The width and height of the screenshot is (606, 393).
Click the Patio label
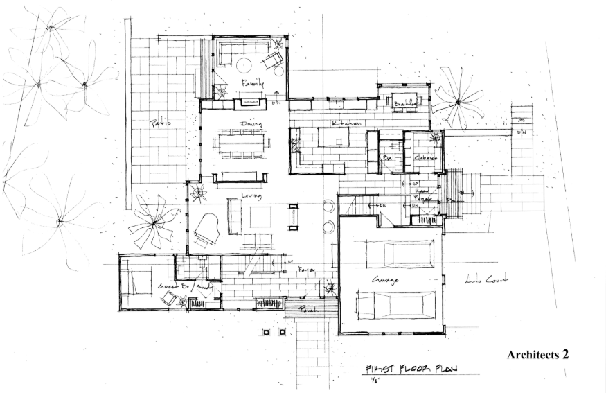tap(160, 123)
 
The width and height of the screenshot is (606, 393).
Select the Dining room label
tap(250, 124)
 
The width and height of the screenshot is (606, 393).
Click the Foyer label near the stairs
tap(307, 268)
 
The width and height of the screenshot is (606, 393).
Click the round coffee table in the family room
tap(244, 66)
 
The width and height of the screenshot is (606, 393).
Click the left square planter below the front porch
tap(266, 333)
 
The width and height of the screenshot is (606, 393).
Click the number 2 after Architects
tap(565, 354)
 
